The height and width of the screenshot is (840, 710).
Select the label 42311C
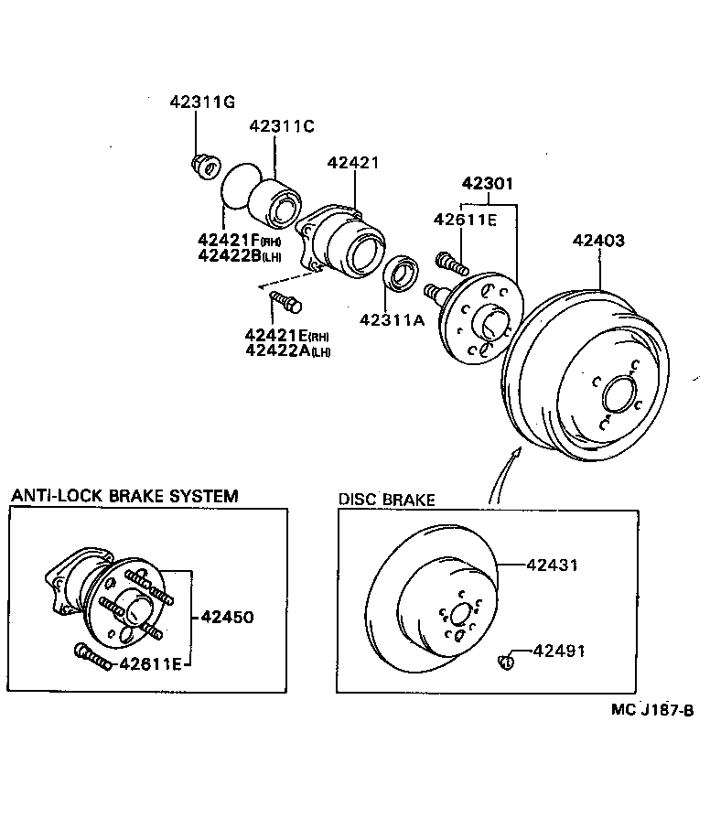pyautogui.click(x=281, y=127)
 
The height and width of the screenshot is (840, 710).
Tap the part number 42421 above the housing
pyautogui.click(x=353, y=163)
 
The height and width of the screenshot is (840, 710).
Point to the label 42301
pyautogui.click(x=487, y=184)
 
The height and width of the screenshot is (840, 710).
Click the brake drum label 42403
pyautogui.click(x=599, y=242)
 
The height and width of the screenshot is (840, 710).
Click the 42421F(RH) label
pyautogui.click(x=239, y=240)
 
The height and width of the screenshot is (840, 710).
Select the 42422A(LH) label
pyautogui.click(x=287, y=350)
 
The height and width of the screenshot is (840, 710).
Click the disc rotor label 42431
pyautogui.click(x=552, y=565)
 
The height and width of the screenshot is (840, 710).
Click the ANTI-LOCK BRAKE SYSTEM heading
pyautogui.click(x=124, y=496)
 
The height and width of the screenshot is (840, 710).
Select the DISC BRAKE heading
pyautogui.click(x=387, y=500)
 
